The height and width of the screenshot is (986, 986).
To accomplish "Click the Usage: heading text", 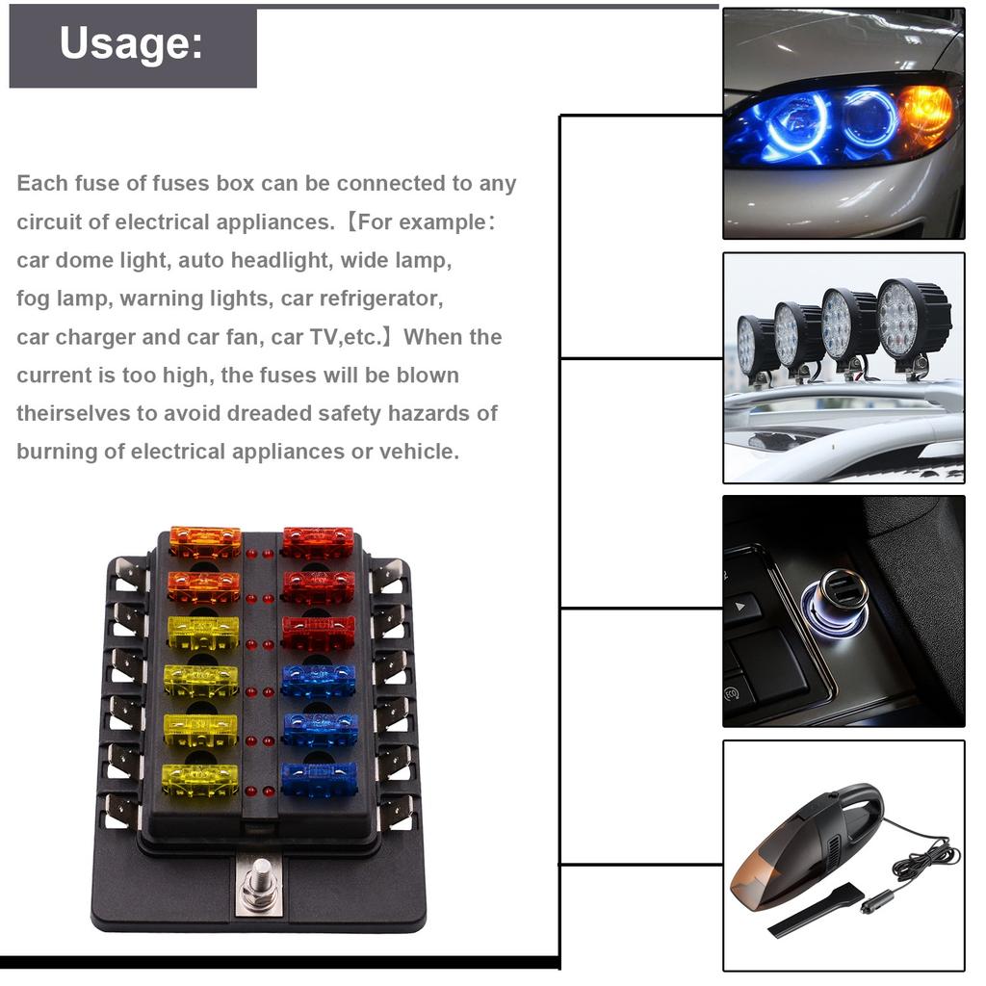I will click(x=132, y=44).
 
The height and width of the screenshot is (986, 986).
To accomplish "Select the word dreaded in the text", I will click(x=268, y=413).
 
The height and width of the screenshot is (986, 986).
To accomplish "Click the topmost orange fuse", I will click(x=205, y=541).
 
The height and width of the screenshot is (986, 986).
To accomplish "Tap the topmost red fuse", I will click(x=318, y=541).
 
